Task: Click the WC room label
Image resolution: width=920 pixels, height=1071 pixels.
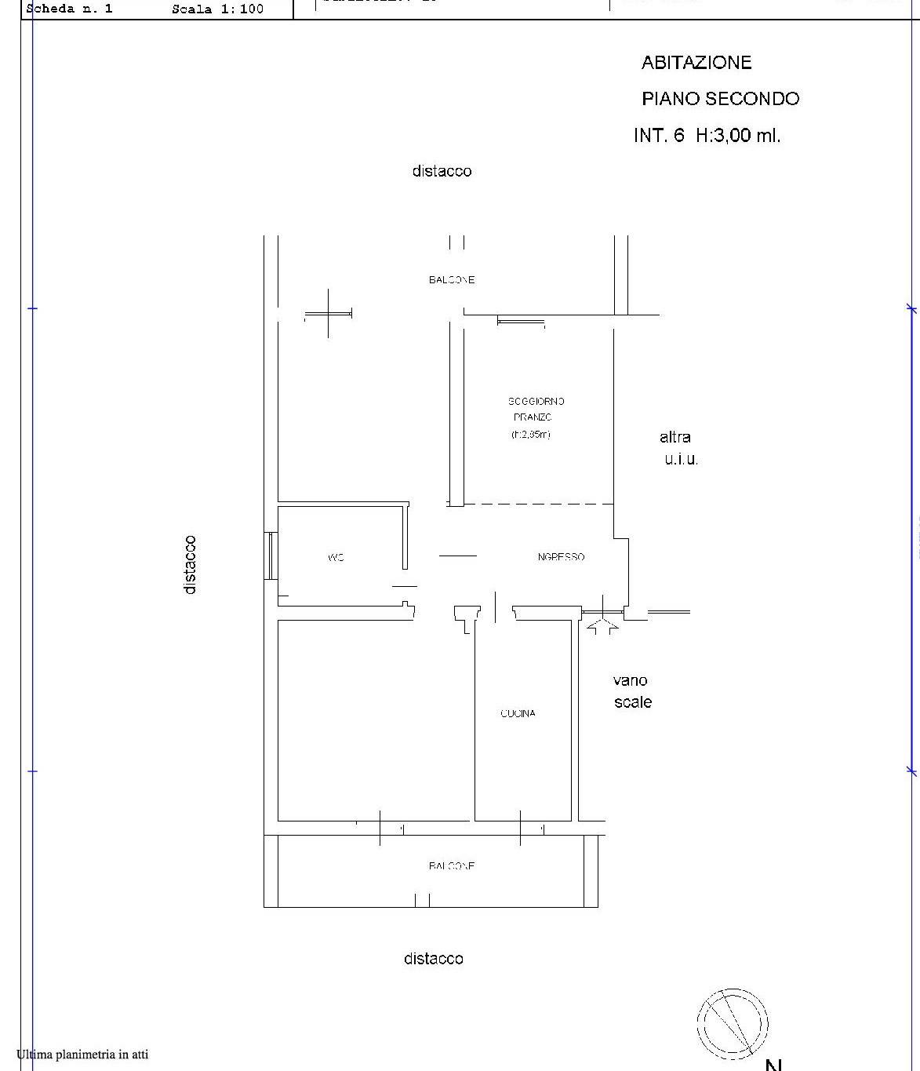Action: [336, 558]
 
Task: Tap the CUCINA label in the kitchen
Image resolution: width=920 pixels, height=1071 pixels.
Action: [518, 713]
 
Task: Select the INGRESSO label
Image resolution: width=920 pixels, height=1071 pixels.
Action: [561, 557]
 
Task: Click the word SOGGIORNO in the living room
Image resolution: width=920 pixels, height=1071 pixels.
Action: [536, 401]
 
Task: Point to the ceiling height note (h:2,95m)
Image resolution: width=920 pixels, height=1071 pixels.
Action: [531, 435]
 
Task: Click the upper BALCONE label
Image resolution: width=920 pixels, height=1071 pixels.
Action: [452, 280]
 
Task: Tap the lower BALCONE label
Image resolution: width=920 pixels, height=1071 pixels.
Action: [452, 866]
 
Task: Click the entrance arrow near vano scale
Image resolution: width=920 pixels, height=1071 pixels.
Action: [602, 626]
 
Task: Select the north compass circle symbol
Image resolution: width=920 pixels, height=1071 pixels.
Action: [733, 1024]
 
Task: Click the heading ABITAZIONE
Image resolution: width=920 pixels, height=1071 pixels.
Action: [696, 63]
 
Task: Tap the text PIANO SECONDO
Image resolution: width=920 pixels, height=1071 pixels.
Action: [720, 99]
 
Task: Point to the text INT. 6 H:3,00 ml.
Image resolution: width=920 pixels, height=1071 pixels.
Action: [707, 135]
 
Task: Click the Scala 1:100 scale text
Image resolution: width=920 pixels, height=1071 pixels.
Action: [217, 9]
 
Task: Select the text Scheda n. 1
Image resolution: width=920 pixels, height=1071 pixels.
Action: [70, 9]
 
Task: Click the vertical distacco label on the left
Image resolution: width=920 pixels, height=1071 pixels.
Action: [190, 564]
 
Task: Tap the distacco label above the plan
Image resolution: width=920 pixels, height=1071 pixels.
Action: [442, 171]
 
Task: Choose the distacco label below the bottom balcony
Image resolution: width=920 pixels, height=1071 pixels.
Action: [433, 959]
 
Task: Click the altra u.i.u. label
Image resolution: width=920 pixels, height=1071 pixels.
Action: [678, 448]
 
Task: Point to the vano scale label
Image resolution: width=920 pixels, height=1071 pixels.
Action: [632, 691]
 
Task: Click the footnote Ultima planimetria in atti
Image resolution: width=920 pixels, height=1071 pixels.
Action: [82, 1055]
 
